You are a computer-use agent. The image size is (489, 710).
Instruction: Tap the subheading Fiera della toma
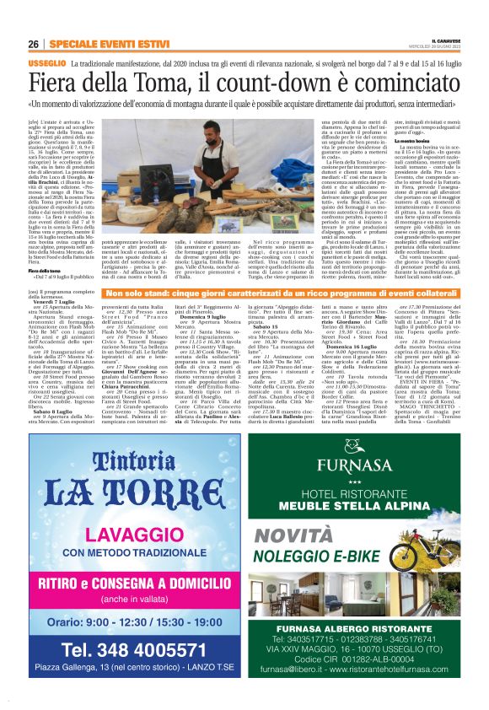(x=45, y=270)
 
